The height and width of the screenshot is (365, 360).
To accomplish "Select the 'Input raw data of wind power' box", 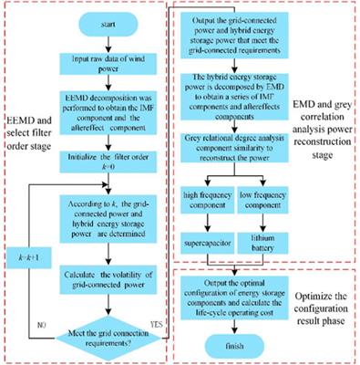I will click(108, 61).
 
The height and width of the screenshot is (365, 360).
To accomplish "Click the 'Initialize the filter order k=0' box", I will click(108, 162).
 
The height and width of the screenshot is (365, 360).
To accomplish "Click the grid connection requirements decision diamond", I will click(108, 328).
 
